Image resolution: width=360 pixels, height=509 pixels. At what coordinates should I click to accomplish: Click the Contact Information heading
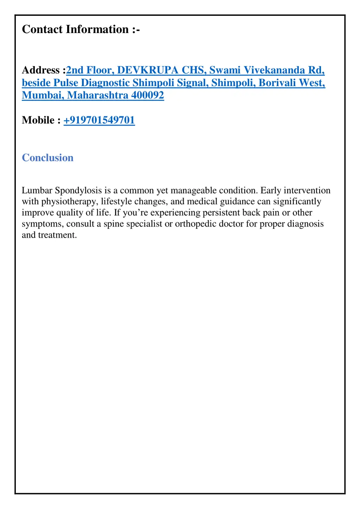coord(81,29)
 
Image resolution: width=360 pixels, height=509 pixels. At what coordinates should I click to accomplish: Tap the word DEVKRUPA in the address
coord(148,70)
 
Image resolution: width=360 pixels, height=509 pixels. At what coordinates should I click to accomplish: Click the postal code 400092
coord(147,95)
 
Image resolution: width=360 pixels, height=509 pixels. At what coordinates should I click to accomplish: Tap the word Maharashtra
coord(98,95)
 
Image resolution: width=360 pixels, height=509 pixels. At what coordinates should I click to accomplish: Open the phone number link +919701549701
coord(99,120)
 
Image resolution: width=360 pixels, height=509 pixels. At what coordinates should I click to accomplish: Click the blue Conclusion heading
coord(47,158)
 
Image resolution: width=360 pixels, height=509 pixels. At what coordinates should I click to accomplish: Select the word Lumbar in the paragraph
coord(37,190)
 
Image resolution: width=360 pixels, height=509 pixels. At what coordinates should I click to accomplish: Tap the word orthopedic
coord(195,224)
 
